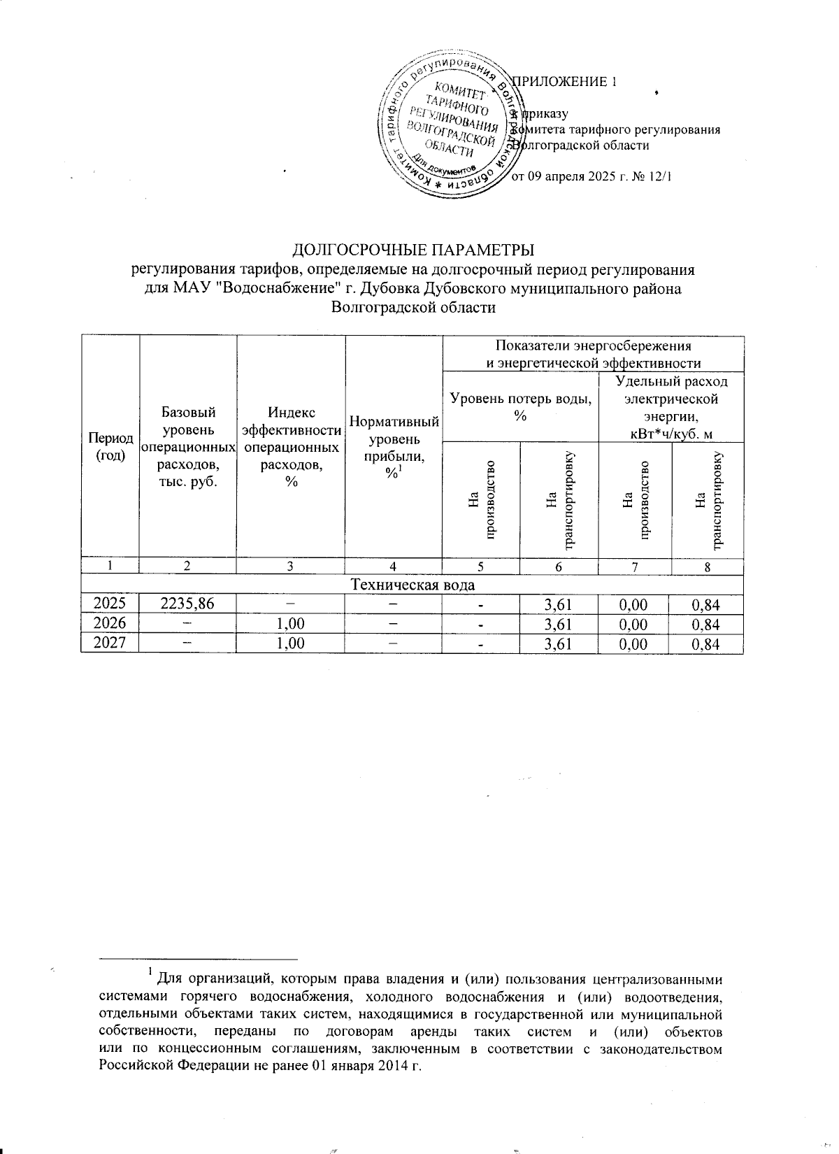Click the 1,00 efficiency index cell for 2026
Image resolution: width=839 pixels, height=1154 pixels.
tap(290, 624)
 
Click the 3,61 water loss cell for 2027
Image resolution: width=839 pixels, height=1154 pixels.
tap(559, 643)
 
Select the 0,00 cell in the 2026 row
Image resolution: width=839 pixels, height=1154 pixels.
tap(635, 624)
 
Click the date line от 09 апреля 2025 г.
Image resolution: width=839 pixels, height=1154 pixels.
tap(591, 177)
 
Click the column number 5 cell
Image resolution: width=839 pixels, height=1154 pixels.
tap(480, 567)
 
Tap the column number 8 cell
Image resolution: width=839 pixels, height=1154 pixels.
tap(707, 567)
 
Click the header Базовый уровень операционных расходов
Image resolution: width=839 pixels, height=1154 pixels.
tap(188, 446)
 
